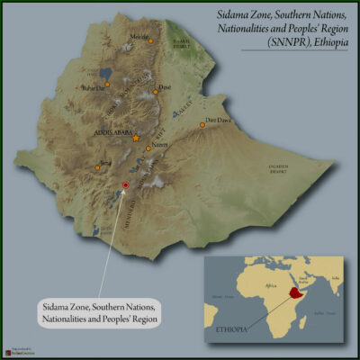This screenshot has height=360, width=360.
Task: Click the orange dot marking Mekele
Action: tap(150, 42)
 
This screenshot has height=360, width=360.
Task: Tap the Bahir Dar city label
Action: tap(94, 88)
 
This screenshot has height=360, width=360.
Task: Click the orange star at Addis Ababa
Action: tap(136, 138)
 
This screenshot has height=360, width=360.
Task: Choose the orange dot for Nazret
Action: tap(148, 148)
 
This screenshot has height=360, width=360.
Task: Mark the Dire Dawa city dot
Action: tap(202, 125)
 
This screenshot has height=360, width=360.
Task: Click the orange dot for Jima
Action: tap(97, 167)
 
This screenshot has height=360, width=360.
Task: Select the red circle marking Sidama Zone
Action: tap(126, 184)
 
